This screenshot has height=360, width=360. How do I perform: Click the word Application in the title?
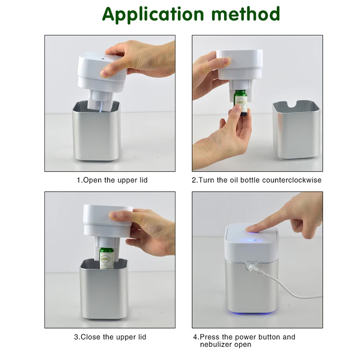pyautogui.click(x=153, y=14)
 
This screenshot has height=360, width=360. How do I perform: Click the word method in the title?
pyautogui.click(x=245, y=14)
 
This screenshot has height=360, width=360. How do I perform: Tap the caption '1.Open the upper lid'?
pyautogui.click(x=112, y=180)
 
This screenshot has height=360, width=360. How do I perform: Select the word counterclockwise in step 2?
pyautogui.click(x=292, y=180)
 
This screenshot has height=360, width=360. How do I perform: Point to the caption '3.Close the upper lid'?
pyautogui.click(x=110, y=337)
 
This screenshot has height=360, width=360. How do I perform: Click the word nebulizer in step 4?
pyautogui.click(x=216, y=344)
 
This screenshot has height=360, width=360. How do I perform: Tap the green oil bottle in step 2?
pyautogui.click(x=240, y=103)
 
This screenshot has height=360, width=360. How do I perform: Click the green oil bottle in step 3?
pyautogui.click(x=107, y=258)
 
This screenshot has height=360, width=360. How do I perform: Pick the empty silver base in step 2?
pyautogui.click(x=296, y=130)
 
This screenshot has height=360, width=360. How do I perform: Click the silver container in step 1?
pyautogui.click(x=96, y=130)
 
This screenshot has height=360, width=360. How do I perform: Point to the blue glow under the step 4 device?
pyautogui.click(x=251, y=313)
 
